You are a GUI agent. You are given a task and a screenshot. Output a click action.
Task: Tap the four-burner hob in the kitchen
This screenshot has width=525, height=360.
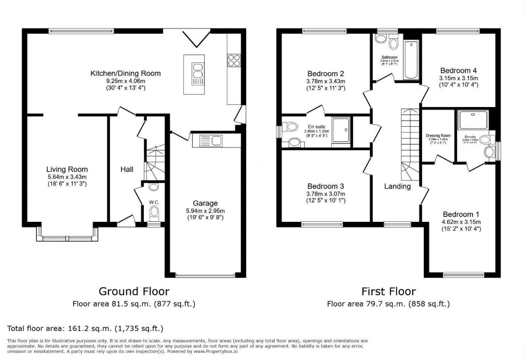click(233, 60)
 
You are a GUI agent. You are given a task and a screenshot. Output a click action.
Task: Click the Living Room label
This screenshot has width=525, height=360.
click(67, 169)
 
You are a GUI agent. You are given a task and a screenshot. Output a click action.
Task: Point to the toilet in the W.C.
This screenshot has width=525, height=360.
click(153, 212)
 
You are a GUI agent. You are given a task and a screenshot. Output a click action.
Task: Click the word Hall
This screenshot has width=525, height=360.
click(127, 169)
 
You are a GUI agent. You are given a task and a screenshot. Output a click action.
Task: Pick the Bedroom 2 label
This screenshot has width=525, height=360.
click(326, 73)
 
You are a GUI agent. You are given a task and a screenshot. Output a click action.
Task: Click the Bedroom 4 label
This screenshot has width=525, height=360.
click(458, 70)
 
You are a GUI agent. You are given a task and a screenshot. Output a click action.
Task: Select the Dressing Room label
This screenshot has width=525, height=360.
click(438, 136)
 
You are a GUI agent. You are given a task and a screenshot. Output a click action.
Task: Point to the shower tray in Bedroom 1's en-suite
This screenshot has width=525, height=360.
click(474, 121)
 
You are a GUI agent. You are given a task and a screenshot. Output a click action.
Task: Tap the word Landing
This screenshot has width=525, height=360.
click(397, 186)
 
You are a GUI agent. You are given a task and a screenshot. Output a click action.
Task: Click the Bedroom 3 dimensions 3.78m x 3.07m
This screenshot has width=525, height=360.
click(326, 194)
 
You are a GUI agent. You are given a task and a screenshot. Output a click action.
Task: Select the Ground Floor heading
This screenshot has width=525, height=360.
click(133, 291)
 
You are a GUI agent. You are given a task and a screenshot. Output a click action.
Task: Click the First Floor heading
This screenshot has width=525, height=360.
click(388, 291)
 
